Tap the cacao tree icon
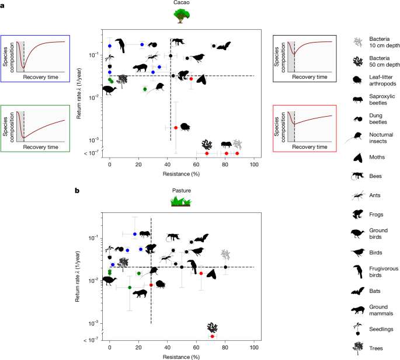click(180, 16)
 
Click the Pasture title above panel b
click(180, 190)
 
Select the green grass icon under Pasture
click(180, 201)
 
